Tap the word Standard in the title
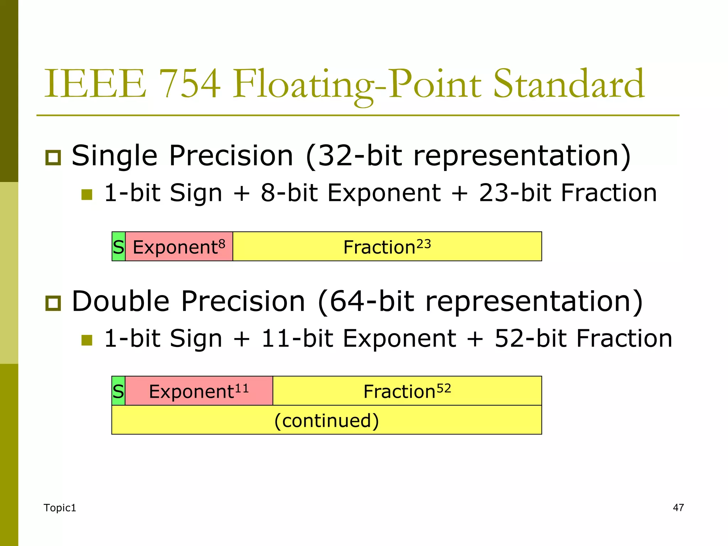pyautogui.click(x=569, y=84)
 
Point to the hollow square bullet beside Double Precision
pyautogui.click(x=53, y=303)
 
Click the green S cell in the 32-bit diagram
pyautogui.click(x=118, y=246)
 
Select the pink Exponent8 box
pyautogui.click(x=179, y=246)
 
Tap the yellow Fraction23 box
pyautogui.click(x=387, y=246)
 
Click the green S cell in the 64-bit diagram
pyautogui.click(x=118, y=391)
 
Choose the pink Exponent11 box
pyautogui.click(x=199, y=391)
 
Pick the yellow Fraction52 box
pyautogui.click(x=407, y=391)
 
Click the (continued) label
pyautogui.click(x=327, y=420)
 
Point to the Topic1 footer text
pyautogui.click(x=60, y=508)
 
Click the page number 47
pyautogui.click(x=678, y=508)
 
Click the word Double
pyautogui.click(x=121, y=301)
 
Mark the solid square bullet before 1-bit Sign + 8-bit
pyautogui.click(x=87, y=195)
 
